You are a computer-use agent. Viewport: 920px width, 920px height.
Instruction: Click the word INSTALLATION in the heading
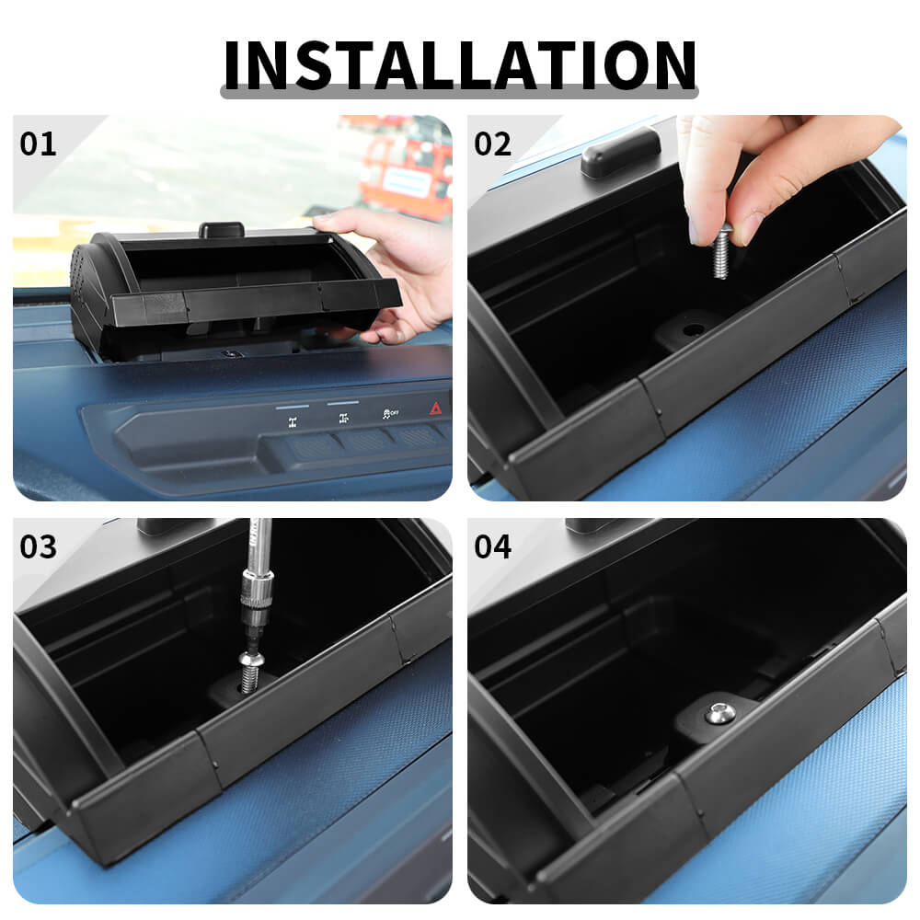(460, 64)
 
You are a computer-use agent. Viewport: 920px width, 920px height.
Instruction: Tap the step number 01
(38, 144)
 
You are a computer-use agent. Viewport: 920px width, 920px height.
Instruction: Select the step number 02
(492, 144)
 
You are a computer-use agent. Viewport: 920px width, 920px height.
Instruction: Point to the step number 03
(38, 547)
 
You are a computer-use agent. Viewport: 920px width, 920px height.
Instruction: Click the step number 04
(492, 547)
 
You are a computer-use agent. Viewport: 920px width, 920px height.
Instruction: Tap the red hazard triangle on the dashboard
(436, 408)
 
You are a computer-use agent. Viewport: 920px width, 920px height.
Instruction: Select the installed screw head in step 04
(719, 713)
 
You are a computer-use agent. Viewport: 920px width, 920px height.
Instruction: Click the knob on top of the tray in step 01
(221, 229)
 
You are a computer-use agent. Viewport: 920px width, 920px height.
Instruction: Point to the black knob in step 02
(620, 152)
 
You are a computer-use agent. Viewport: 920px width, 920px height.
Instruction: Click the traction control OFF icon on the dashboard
(390, 414)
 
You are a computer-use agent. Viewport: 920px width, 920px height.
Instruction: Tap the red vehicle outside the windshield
(405, 167)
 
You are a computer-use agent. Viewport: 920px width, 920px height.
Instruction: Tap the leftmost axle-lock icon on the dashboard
(293, 422)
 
